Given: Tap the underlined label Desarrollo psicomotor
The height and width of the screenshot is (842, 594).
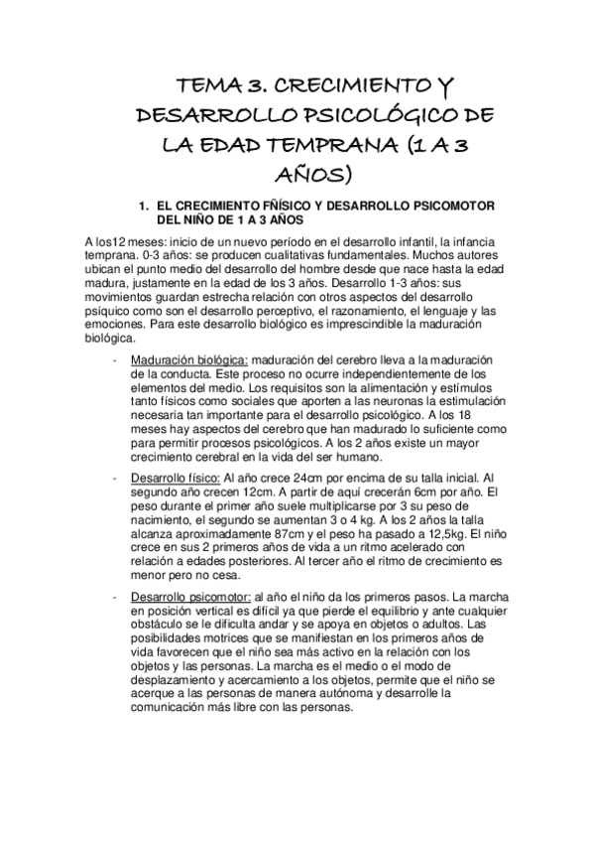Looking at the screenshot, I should (185, 597).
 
